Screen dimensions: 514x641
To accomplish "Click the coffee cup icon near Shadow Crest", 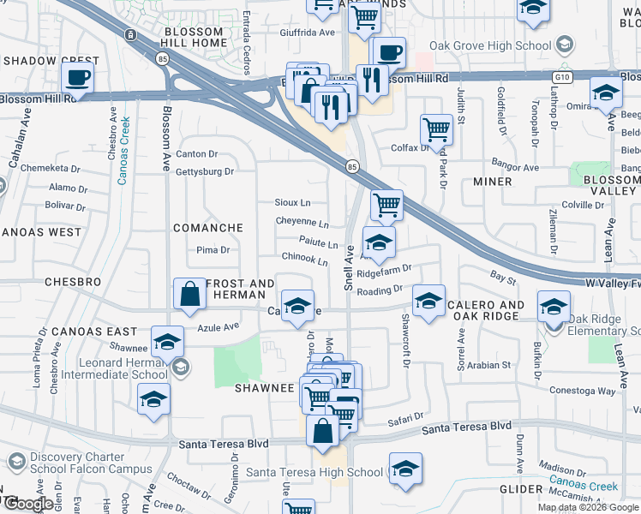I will [x=78, y=78].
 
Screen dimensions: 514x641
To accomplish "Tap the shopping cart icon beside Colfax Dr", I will [x=436, y=130].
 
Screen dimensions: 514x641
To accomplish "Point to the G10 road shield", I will [x=562, y=76].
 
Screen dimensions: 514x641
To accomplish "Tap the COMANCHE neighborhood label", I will [x=208, y=228].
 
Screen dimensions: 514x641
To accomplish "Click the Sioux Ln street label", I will [x=292, y=203].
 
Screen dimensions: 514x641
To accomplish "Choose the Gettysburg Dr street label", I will [x=204, y=171].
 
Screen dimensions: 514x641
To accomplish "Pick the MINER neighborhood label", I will [x=493, y=182].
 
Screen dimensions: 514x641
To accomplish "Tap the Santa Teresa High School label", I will [x=315, y=472].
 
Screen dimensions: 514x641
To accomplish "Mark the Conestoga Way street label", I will [x=583, y=391].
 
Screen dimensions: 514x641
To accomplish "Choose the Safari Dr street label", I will [x=400, y=420].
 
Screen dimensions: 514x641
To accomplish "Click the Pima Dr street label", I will [x=213, y=250].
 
